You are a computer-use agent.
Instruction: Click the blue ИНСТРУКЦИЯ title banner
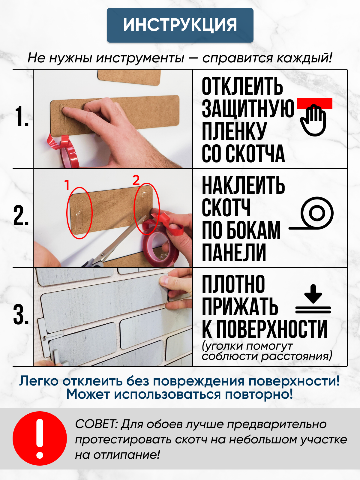click(180, 25)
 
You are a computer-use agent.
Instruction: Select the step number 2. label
click(21, 215)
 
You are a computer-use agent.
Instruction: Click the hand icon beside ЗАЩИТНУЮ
click(313, 120)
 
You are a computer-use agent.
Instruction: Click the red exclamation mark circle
click(40, 438)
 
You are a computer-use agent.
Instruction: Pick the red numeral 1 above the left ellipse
click(67, 185)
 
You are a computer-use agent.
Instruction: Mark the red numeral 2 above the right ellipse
click(136, 180)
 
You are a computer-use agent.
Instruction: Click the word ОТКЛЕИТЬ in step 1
click(242, 86)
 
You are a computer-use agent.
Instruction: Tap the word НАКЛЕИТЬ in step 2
click(243, 185)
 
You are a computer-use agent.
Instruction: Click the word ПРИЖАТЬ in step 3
click(240, 306)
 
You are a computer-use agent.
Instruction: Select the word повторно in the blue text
click(259, 394)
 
